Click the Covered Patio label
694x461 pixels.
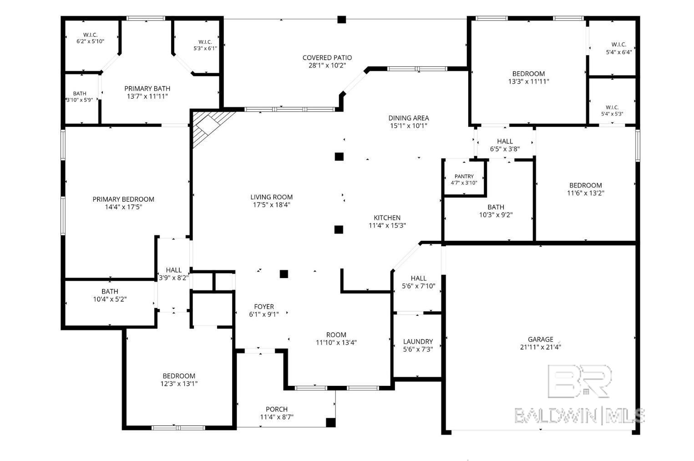(327, 58)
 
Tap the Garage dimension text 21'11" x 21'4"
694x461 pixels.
(540, 347)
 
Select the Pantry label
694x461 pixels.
(464, 176)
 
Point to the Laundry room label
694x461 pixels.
(418, 341)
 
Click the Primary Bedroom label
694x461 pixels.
(123, 199)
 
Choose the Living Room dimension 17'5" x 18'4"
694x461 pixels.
(271, 205)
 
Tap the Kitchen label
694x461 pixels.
(387, 218)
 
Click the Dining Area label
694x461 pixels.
(409, 118)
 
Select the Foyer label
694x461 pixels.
(264, 307)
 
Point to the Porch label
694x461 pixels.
(277, 409)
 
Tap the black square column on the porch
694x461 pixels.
(330, 423)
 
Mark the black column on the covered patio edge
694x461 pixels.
(341, 20)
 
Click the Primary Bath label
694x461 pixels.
(147, 89)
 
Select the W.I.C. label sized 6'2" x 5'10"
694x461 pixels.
(90, 35)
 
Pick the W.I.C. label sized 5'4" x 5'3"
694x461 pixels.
(612, 107)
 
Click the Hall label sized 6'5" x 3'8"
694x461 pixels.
(505, 141)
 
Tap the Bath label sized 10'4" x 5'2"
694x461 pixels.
(110, 292)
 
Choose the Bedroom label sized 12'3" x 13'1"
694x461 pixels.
(179, 376)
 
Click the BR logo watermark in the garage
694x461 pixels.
(579, 381)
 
